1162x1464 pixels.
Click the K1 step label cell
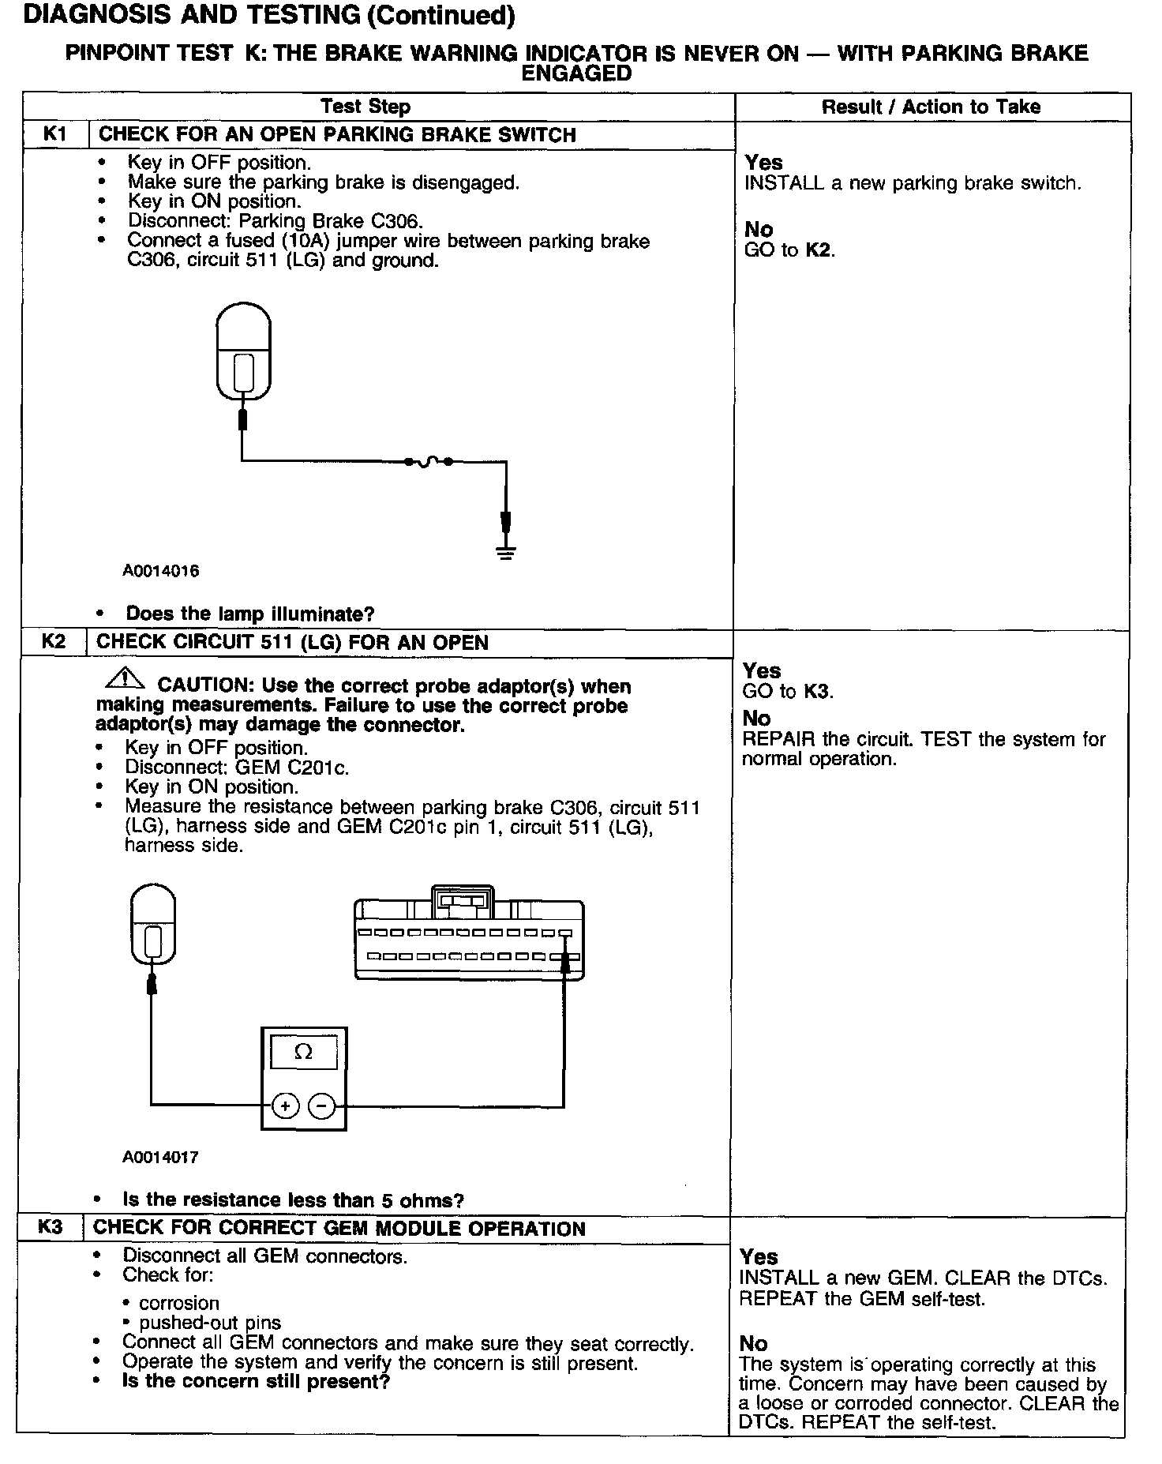[54, 134]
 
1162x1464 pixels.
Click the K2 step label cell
[53, 641]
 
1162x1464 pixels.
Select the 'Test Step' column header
[365, 107]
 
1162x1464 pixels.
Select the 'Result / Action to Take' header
[931, 107]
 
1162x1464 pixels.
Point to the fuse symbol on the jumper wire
[428, 462]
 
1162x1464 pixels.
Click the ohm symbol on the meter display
[303, 1052]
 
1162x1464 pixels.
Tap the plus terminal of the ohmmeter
[285, 1106]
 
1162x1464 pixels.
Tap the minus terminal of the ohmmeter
[321, 1106]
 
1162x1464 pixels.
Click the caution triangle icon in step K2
[123, 678]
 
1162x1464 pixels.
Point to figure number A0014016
[161, 571]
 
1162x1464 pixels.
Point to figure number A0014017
[161, 1157]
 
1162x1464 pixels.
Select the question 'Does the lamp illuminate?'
[250, 614]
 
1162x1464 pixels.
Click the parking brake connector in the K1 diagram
[244, 351]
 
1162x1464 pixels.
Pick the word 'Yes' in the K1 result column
[763, 163]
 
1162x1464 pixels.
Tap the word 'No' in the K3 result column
[753, 1343]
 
